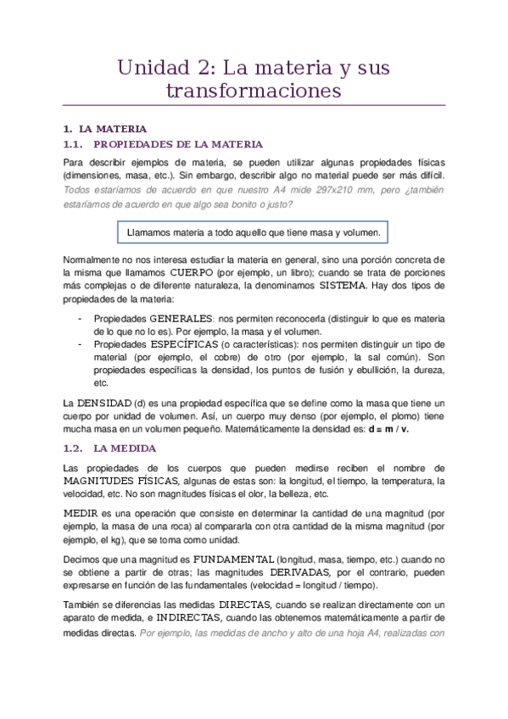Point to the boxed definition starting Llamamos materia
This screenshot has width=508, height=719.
pyautogui.click(x=254, y=231)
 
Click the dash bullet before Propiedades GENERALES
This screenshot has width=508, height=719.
pyautogui.click(x=79, y=317)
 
